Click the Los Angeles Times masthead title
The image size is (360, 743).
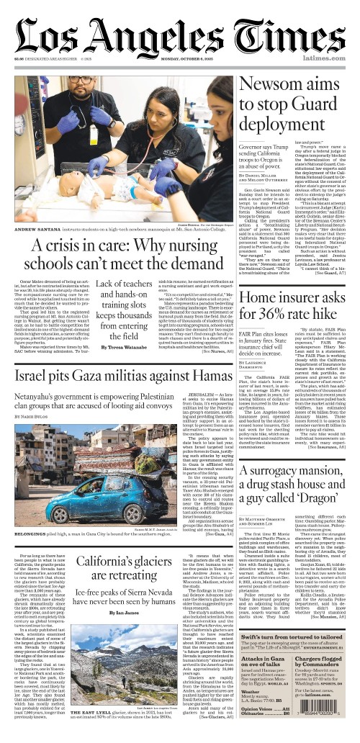pos(180,32)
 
